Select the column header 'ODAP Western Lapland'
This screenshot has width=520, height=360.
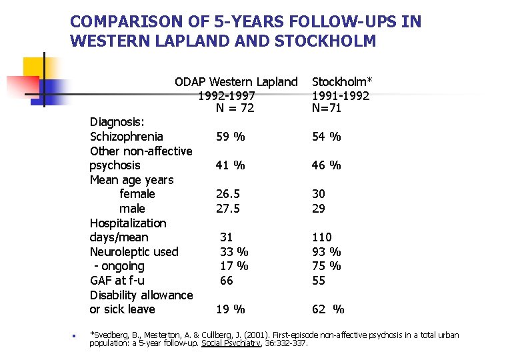[236, 82]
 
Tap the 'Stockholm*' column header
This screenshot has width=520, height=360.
[342, 82]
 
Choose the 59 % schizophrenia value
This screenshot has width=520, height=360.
[230, 137]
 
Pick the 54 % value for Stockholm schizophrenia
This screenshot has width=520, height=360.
[326, 137]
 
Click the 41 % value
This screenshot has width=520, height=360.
[230, 165]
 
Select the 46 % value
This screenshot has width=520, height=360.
[326, 165]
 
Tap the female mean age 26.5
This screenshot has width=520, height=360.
[227, 194]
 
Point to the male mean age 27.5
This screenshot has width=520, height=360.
[227, 209]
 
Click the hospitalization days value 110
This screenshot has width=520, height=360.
[321, 237]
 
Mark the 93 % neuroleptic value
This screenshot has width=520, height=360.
[326, 252]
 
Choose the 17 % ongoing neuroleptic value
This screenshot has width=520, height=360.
[234, 266]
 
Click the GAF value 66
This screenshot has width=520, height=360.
[227, 281]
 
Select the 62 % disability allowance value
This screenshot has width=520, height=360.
[328, 309]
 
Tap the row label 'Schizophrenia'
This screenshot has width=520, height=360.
[127, 137]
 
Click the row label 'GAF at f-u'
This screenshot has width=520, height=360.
[117, 281]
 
